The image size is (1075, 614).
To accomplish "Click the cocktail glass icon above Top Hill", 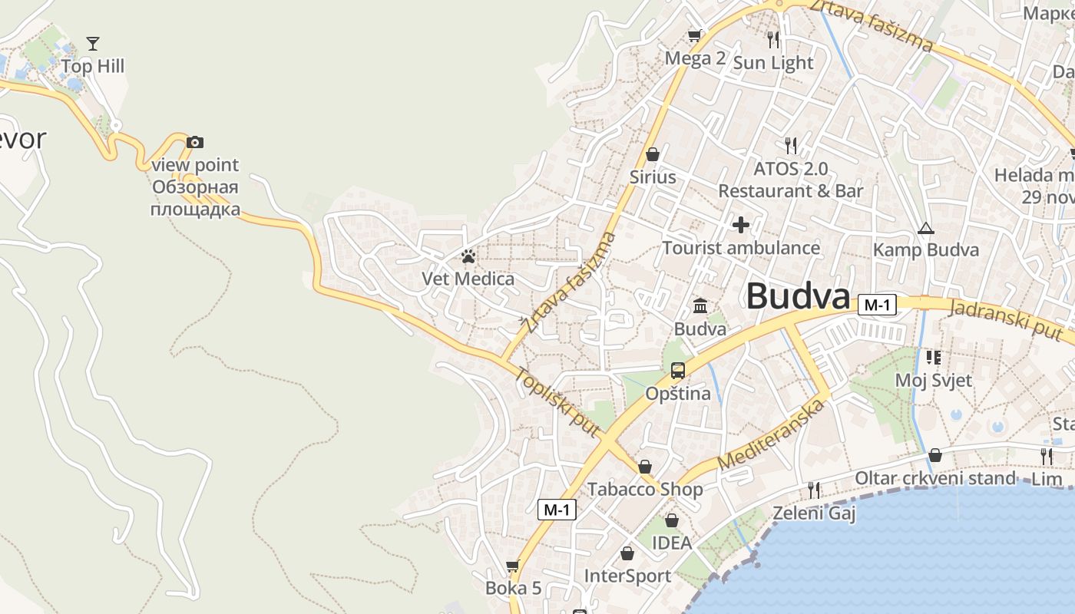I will coord(93,43).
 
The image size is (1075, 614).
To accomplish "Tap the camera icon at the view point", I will coord(195,142).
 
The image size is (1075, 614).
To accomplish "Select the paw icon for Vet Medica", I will coord(468,256).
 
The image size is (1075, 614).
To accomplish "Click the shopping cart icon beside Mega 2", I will coord(695,35).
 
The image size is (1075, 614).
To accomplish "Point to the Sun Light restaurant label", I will coord(772,63).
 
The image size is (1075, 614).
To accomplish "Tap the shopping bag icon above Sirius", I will coord(653,154).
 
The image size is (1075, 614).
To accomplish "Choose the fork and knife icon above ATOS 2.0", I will coord(791,144).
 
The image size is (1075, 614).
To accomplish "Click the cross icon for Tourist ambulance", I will coord(741,225).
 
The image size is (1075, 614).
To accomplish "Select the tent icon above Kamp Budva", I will coord(926,228).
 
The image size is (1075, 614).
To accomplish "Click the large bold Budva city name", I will coord(799,296).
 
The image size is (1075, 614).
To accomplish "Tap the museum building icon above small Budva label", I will coord(700,306).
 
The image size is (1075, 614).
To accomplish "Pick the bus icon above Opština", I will coord(678,371).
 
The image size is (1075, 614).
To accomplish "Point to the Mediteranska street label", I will coord(772,435).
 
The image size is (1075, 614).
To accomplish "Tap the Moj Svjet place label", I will coord(934,380).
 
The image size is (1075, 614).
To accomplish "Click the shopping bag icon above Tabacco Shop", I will coord(645,467).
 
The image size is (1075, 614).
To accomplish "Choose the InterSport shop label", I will coord(627,576).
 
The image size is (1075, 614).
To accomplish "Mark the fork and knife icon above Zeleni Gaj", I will coord(814,489).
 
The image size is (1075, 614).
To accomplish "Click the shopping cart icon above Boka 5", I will coord(513,566).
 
